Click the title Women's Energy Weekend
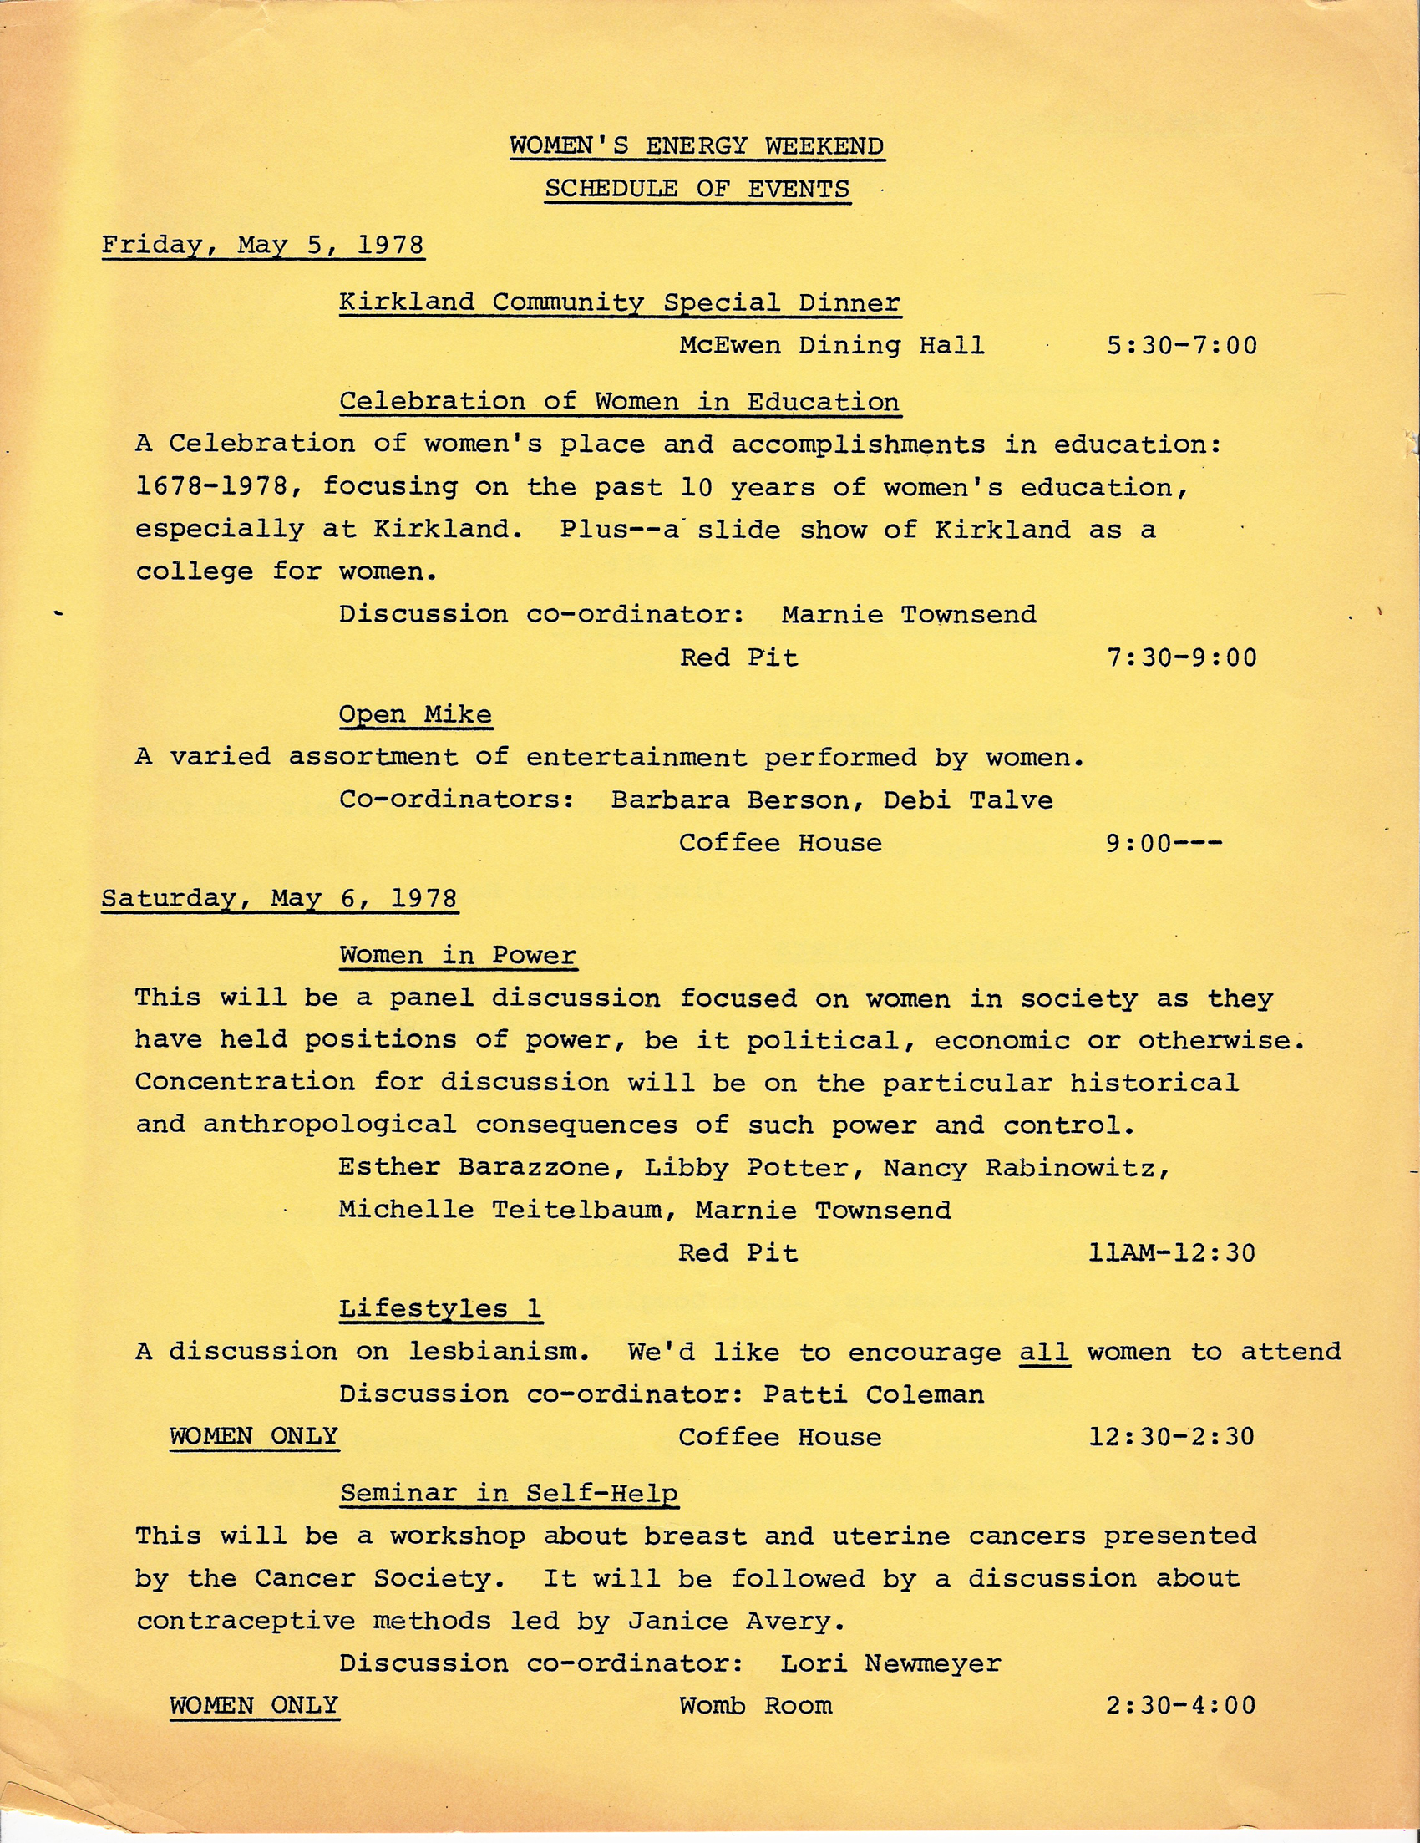point(697,146)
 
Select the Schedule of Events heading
point(697,188)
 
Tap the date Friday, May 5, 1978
point(262,246)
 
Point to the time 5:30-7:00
point(1181,345)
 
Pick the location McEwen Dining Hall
point(832,345)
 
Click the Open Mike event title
point(415,715)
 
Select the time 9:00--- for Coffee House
point(1164,843)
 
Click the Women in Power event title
point(458,955)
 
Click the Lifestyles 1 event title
point(440,1309)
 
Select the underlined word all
point(1045,1352)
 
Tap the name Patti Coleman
point(873,1394)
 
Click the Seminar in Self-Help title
point(509,1494)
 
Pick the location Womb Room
point(755,1705)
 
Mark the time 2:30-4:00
point(1180,1705)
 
